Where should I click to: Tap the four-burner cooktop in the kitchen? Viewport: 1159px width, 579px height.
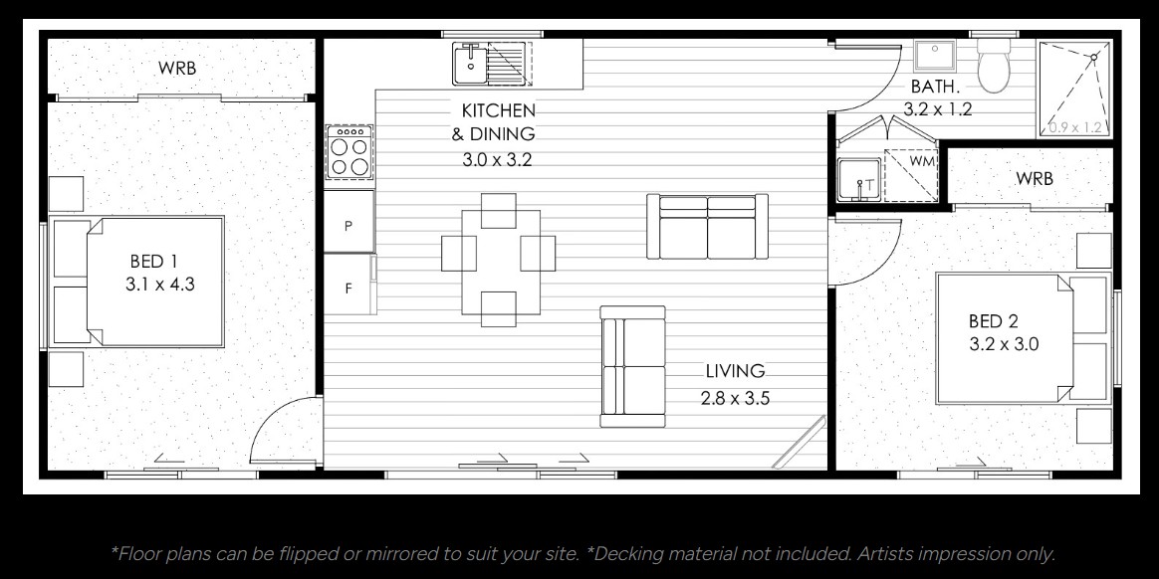point(349,152)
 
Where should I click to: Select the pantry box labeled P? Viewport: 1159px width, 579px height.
point(348,226)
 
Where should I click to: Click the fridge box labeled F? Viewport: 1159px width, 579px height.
point(348,289)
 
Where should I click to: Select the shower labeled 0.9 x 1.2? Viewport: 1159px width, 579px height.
point(1075,89)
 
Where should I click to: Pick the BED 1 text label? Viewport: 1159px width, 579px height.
point(153,262)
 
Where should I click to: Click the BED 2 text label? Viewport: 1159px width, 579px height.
point(993,321)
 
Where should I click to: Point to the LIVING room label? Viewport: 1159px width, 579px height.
point(735,371)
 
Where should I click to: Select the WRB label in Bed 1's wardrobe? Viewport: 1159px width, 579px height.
point(177,69)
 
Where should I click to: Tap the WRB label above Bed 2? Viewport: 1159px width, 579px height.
point(1034,179)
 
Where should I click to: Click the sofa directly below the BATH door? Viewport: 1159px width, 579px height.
point(707,227)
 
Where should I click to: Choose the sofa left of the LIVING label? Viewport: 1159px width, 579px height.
point(632,366)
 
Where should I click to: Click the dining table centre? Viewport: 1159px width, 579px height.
point(499,260)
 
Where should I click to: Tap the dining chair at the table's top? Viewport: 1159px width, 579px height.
point(498,210)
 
